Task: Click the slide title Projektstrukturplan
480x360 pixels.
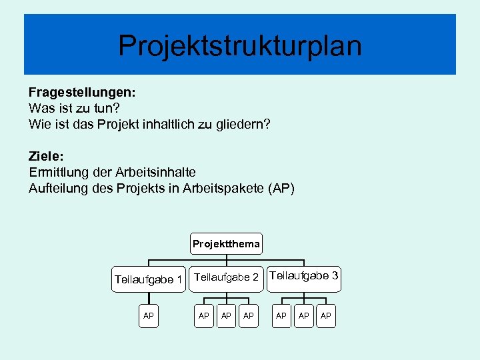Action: (240, 46)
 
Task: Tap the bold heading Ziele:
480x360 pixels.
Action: (46, 156)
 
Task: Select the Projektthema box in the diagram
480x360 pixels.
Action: (226, 244)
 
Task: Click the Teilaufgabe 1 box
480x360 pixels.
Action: (148, 279)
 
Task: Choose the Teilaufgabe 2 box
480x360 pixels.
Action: (226, 277)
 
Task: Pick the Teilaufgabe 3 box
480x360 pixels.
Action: (304, 275)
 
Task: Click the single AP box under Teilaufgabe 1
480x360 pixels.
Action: (149, 315)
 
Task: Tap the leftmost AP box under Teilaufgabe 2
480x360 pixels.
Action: (204, 315)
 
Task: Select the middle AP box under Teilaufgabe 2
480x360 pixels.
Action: (227, 315)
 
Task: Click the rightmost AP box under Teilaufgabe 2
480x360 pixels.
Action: (249, 315)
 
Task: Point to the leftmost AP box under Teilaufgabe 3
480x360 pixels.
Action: (281, 315)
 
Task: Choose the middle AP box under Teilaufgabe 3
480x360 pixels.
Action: (304, 315)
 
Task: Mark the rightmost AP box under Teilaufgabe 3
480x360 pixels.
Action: (326, 315)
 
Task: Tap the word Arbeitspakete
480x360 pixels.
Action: (225, 189)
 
